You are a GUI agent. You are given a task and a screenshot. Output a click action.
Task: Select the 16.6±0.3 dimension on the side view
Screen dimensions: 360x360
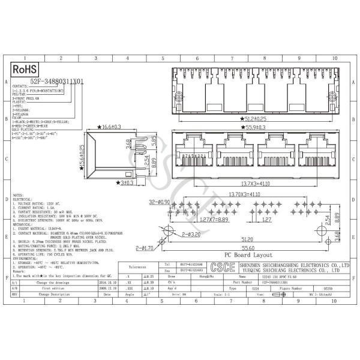click(x=108, y=127)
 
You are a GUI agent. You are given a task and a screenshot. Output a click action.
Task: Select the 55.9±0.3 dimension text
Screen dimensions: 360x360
click(x=257, y=128)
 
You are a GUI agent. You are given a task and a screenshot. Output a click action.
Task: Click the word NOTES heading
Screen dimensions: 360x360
click(x=19, y=195)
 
